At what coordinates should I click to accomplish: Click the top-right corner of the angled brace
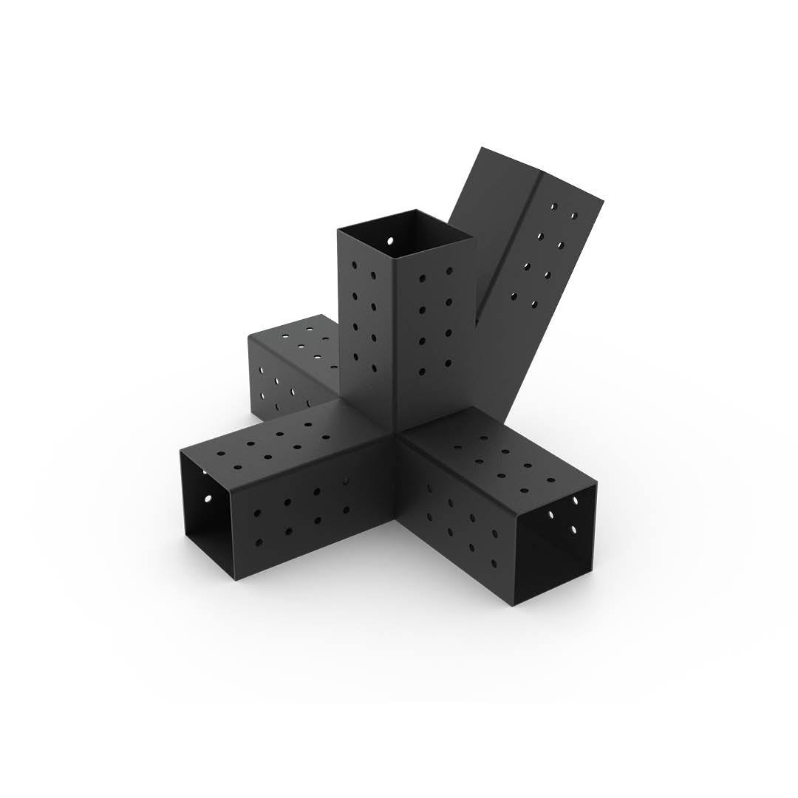tap(603, 200)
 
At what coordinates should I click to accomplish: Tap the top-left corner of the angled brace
tap(482, 147)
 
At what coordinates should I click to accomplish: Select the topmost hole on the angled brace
tap(574, 215)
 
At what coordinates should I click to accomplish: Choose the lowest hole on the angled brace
tap(514, 297)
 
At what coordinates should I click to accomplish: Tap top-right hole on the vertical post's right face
tap(449, 271)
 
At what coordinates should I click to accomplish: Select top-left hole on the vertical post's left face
tap(355, 263)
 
